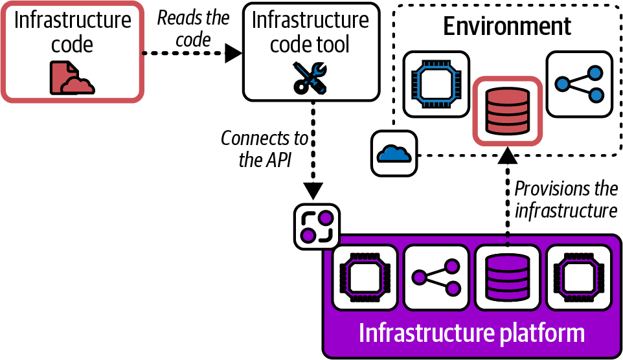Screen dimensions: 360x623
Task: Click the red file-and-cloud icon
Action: click(72, 77)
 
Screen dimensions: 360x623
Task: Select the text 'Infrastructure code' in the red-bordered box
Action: click(72, 32)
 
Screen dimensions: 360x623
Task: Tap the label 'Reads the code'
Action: click(193, 28)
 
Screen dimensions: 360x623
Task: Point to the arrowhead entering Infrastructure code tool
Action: click(233, 54)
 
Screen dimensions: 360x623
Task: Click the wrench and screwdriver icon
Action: click(310, 78)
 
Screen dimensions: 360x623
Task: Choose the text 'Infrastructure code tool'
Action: click(310, 32)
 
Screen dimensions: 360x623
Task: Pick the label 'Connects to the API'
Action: click(264, 149)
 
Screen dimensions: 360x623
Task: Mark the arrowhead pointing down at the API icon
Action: click(313, 191)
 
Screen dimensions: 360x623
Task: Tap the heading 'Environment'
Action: click(507, 26)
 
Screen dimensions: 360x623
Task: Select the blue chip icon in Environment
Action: click(436, 83)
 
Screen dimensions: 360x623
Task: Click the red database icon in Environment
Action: click(506, 110)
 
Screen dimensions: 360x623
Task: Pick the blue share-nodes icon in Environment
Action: click(578, 83)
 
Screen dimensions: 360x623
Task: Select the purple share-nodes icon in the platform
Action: click(436, 276)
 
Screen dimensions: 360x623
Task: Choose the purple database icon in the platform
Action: click(507, 276)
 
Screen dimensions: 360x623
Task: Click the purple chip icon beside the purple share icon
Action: click(365, 276)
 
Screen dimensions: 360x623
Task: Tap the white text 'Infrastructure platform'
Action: click(471, 333)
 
